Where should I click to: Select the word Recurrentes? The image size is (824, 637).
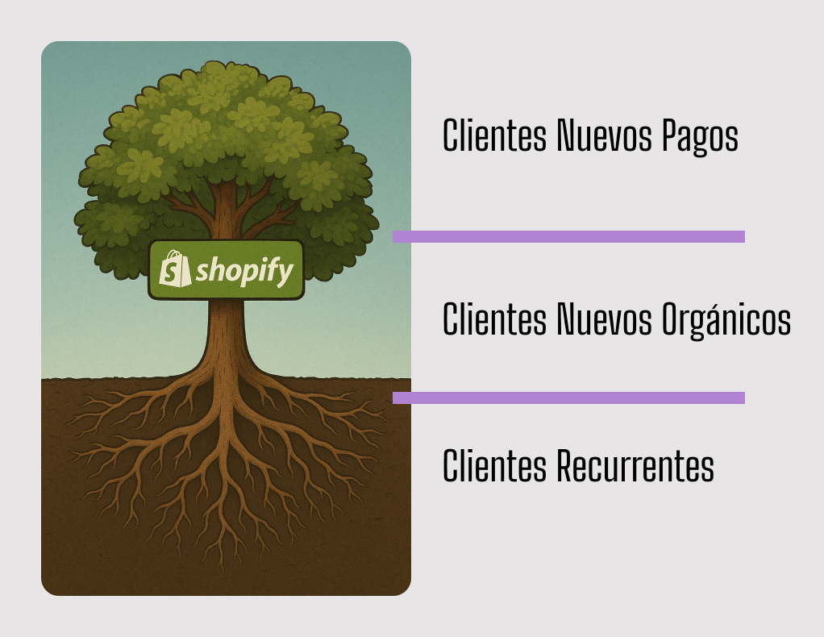(635, 466)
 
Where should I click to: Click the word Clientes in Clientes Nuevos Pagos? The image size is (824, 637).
(494, 136)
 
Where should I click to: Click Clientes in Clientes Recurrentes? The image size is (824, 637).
(494, 466)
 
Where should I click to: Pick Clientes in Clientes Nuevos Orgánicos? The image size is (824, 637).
(494, 320)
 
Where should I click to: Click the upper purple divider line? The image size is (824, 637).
(568, 236)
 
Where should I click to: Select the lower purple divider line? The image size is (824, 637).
(568, 398)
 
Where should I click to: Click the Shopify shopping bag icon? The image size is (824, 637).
(175, 269)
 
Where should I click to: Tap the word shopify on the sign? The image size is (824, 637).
(244, 273)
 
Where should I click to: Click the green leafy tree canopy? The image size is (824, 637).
(226, 137)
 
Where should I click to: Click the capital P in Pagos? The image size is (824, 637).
(671, 136)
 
